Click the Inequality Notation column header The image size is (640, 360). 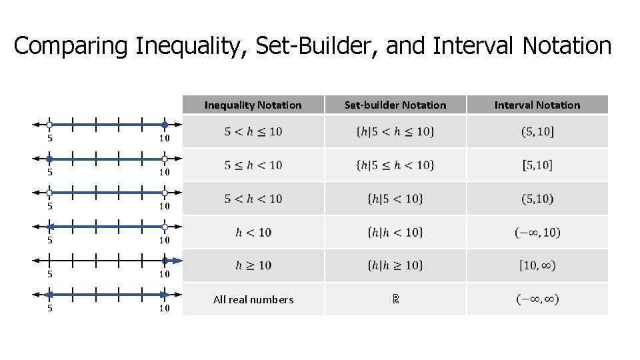pos(253,105)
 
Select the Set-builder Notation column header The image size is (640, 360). pos(395,105)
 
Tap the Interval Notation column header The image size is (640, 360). pos(537,105)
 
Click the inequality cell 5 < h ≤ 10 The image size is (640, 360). pos(253,131)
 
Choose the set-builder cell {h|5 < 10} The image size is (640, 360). pos(395,199)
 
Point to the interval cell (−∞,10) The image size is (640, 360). pos(537,232)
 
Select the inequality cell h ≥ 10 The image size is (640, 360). pos(253,265)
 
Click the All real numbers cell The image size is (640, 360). pos(253,299)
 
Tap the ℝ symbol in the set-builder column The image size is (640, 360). pos(395,299)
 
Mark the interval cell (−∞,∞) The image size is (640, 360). pos(537,299)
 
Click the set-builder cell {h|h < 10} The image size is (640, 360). pos(395,232)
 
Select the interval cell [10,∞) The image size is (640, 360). pos(537,265)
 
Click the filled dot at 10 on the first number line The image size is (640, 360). pos(165,125)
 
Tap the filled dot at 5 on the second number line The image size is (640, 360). pos(49,159)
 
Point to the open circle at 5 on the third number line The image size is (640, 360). pos(49,193)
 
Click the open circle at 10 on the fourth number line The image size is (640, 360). pos(165,227)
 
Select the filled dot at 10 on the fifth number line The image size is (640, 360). pos(165,261)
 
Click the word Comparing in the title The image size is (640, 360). pos(71,46)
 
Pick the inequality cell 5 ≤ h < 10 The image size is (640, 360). pos(253,165)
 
